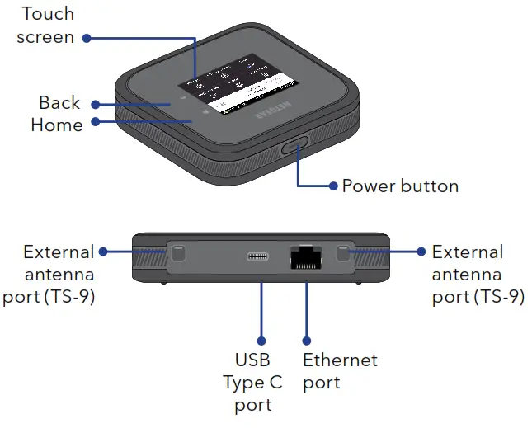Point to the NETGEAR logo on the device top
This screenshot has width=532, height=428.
click(273, 113)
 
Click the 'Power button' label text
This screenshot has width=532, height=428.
click(400, 186)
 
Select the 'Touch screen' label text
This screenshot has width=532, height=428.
click(45, 25)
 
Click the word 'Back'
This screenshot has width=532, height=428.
click(59, 103)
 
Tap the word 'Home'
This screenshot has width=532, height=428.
click(56, 125)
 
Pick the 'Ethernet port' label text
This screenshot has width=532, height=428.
click(340, 371)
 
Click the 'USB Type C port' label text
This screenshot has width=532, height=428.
click(252, 383)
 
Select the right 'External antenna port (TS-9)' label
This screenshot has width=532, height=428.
click(478, 275)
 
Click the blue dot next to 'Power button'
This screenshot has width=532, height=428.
click(333, 186)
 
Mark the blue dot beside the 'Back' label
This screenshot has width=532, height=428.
click(95, 105)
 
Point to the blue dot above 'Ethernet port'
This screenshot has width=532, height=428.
click(306, 339)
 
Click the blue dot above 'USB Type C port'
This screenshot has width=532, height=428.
click(261, 339)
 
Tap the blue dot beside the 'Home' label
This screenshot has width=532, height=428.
click(95, 122)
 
